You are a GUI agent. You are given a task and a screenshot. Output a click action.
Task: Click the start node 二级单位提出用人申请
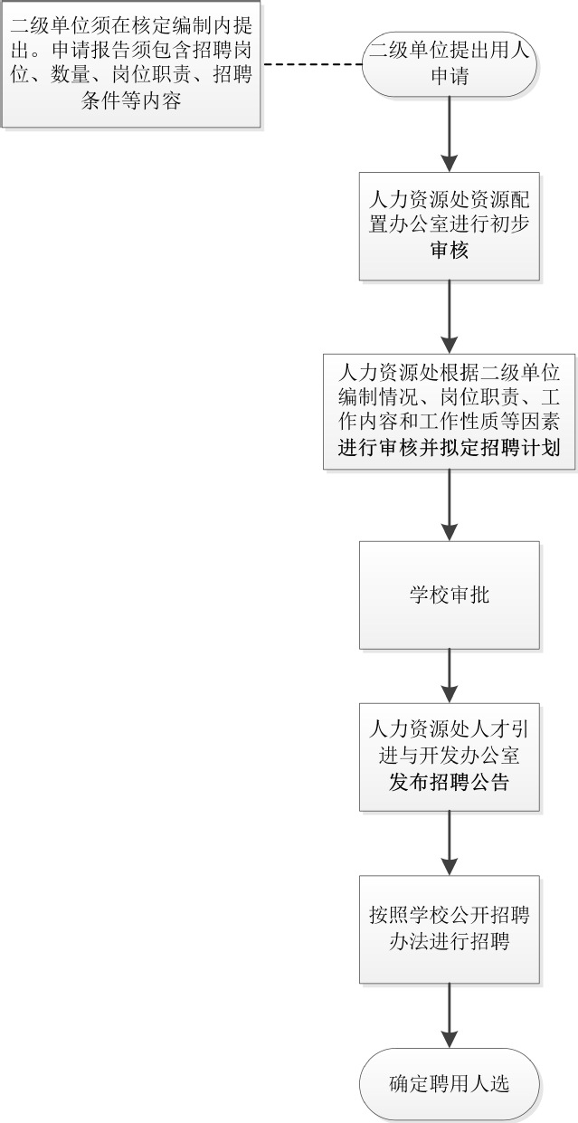point(450,63)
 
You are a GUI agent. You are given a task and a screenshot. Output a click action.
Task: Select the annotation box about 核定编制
point(131,63)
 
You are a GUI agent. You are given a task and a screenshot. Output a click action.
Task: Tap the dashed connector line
point(312,64)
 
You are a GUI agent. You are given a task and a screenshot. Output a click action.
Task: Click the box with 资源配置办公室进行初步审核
point(450,226)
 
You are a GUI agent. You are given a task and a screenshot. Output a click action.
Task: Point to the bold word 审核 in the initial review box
point(450,250)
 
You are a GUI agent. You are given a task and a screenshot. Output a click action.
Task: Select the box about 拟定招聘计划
point(449,411)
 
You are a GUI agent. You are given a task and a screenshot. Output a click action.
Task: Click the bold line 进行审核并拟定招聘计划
point(449,447)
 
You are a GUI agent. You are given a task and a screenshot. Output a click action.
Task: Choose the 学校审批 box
point(450,595)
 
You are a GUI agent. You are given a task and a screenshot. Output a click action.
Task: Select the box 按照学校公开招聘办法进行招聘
point(450,929)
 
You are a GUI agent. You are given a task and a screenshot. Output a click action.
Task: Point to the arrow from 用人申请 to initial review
point(450,134)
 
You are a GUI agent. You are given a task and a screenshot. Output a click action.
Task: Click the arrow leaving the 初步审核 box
point(450,317)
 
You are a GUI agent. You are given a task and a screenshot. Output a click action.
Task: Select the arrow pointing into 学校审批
point(450,505)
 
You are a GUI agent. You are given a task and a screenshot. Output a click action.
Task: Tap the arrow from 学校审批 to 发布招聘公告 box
point(450,676)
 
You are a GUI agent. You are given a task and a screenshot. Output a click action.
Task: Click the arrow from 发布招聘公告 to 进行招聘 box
point(450,843)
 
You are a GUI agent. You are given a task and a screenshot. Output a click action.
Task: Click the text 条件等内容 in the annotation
point(131,100)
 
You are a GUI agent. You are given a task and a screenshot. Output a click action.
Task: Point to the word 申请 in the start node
point(450,76)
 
